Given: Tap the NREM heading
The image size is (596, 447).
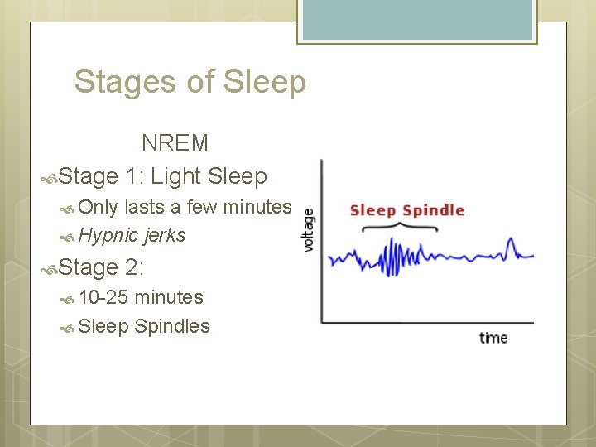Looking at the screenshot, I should point(175,143).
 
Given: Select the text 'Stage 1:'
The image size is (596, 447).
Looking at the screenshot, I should point(99,176).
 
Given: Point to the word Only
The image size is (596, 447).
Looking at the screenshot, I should point(99,207).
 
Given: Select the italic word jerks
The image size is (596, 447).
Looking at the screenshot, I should point(165,236).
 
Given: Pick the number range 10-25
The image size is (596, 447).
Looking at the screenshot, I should point(104,297).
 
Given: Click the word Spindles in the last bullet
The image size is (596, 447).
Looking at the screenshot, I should point(172,326).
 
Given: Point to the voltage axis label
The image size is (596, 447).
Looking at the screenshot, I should point(309,229).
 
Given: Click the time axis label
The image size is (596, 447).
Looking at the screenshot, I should point(493,338).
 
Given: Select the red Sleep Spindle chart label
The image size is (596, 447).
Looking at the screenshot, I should point(406,209).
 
